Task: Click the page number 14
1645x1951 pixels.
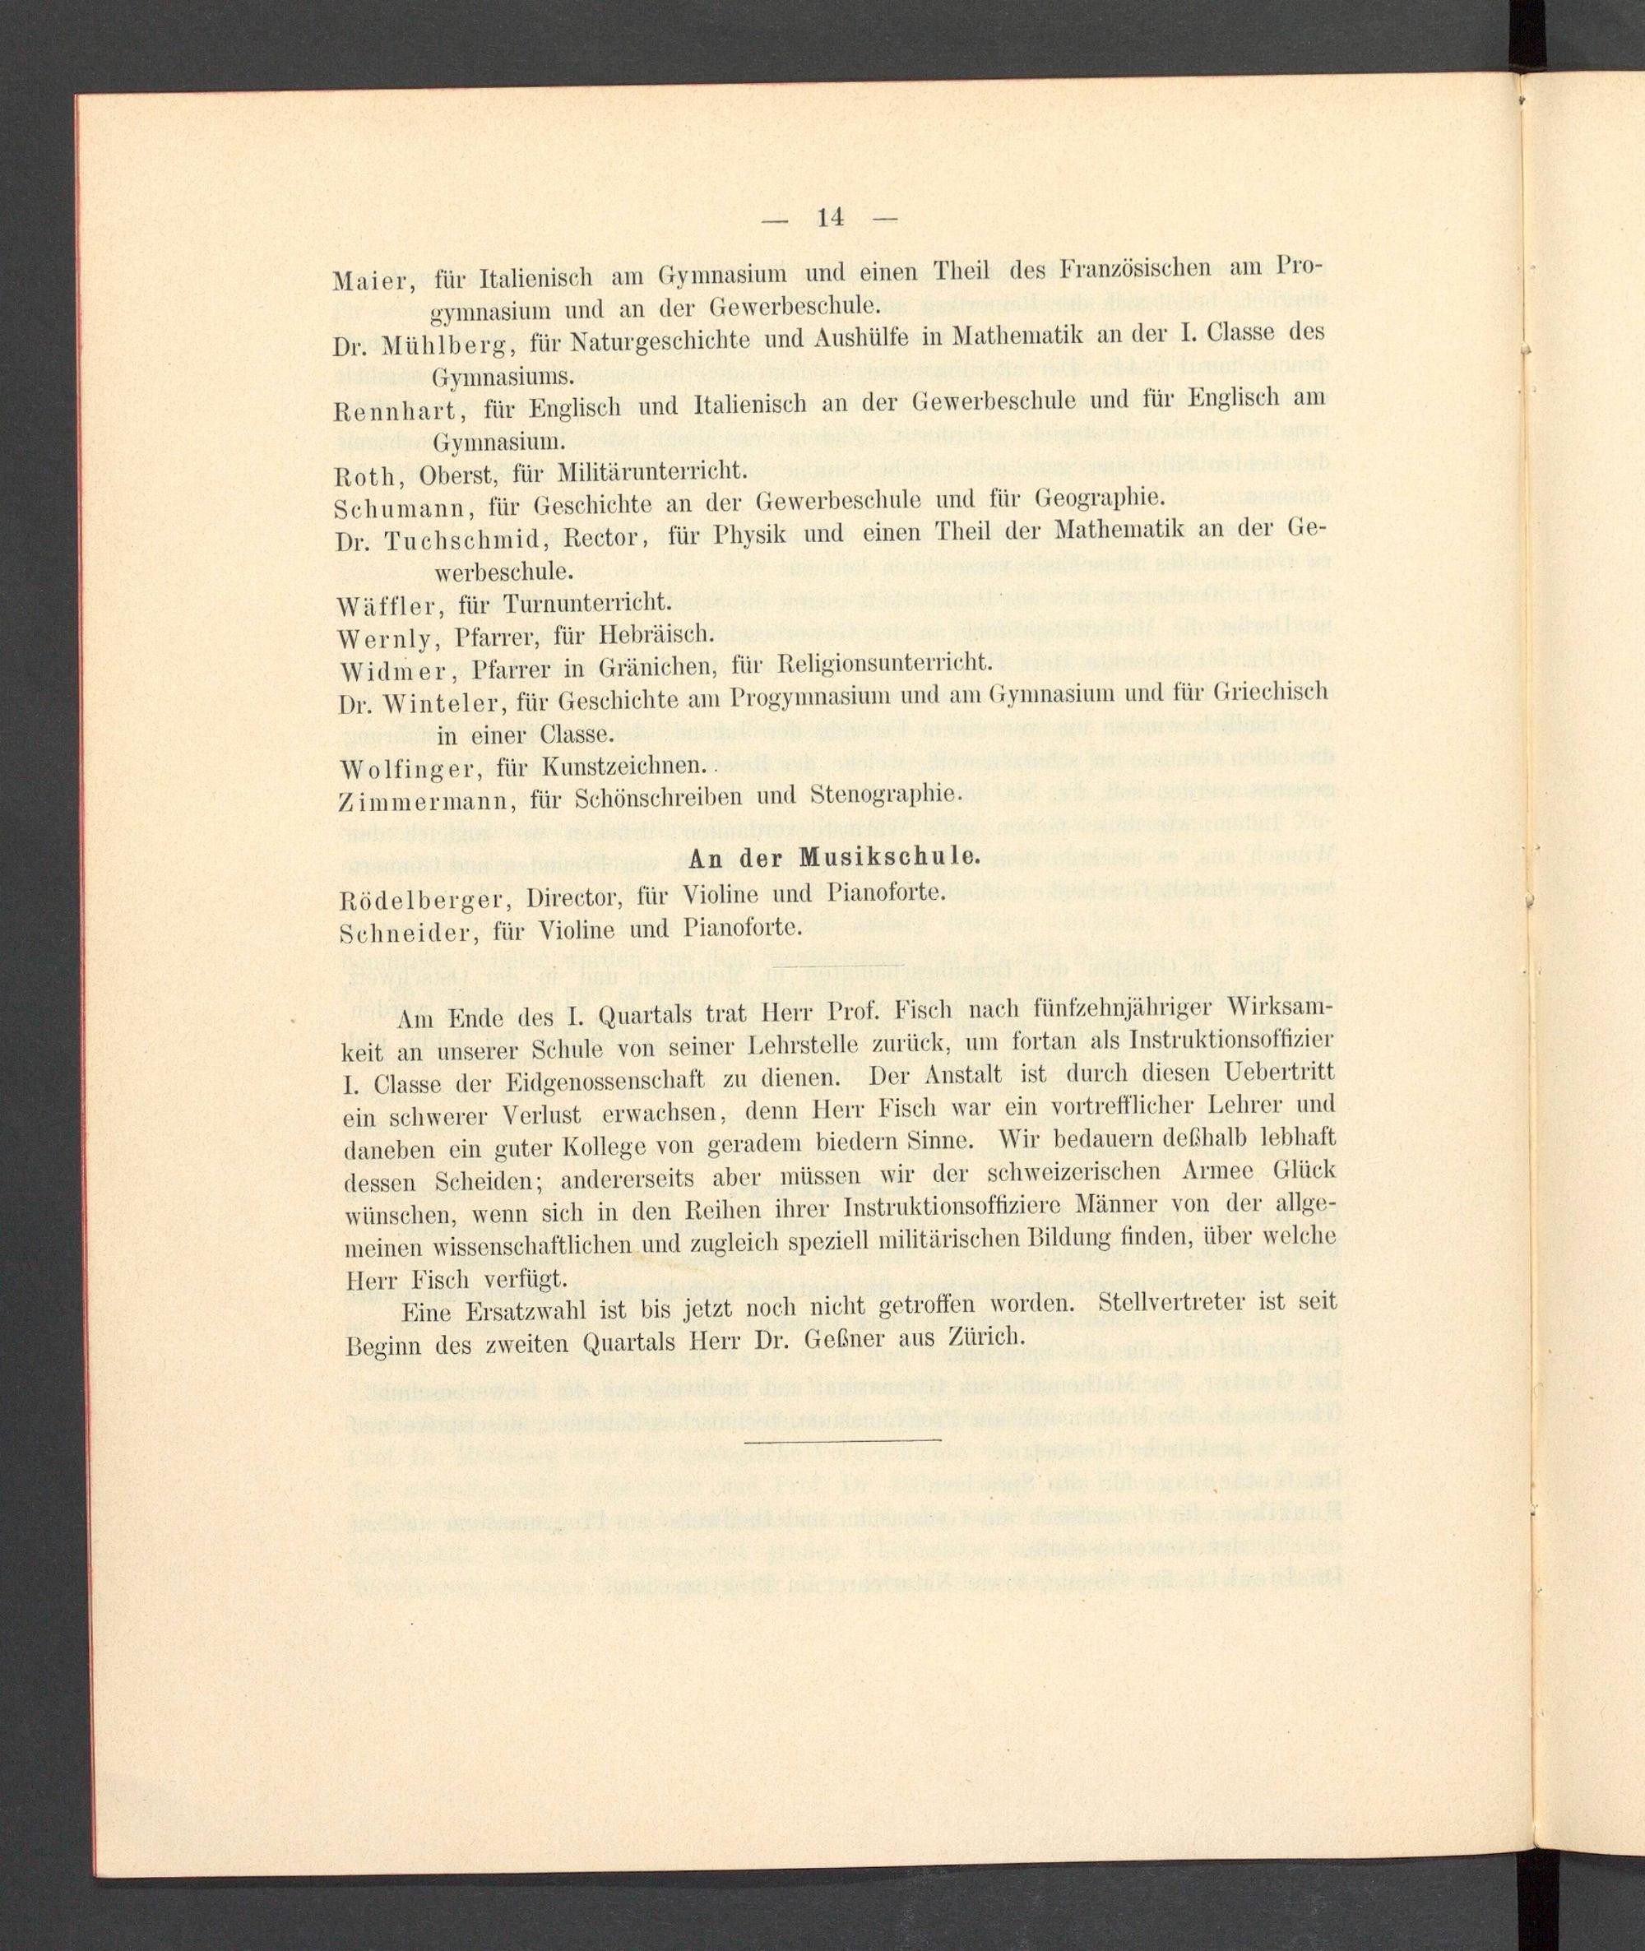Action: point(829,217)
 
